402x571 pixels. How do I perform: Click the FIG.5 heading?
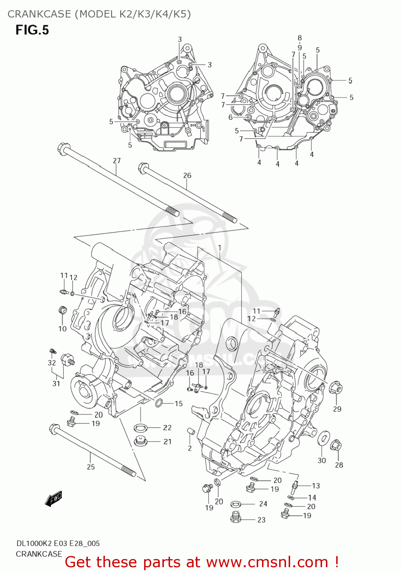pyautogui.click(x=32, y=30)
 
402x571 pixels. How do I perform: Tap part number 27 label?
pyautogui.click(x=116, y=161)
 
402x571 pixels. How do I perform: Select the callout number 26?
pyautogui.click(x=187, y=175)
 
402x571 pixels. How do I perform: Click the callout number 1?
pyautogui.click(x=220, y=248)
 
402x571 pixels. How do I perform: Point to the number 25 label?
pyautogui.click(x=91, y=467)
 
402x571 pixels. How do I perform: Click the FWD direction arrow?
pyautogui.click(x=53, y=499)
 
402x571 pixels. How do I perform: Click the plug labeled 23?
pyautogui.click(x=236, y=518)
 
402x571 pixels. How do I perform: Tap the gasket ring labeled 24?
pyautogui.click(x=236, y=504)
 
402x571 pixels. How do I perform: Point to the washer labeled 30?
pyautogui.click(x=323, y=438)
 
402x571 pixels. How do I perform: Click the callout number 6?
pyautogui.click(x=230, y=117)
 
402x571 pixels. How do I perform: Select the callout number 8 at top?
pyautogui.click(x=300, y=38)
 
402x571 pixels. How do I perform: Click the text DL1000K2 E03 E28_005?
pyautogui.click(x=58, y=543)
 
